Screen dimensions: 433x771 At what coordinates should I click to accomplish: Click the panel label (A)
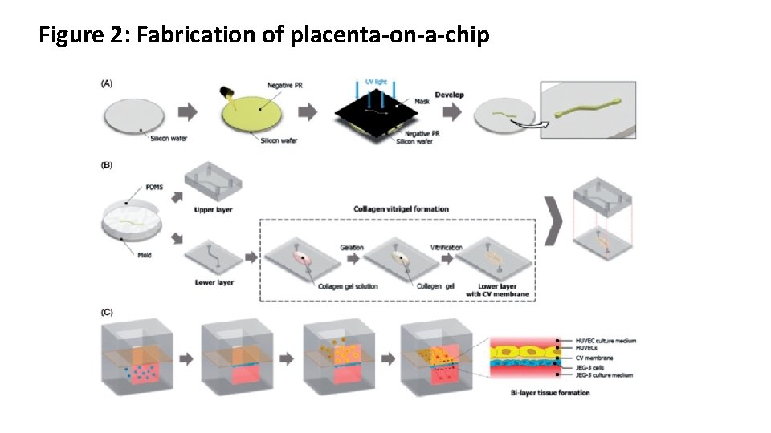[107, 83]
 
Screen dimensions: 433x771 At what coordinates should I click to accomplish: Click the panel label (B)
[107, 165]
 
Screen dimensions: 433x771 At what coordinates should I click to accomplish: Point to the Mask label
[422, 102]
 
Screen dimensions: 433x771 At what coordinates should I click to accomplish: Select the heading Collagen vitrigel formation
[401, 209]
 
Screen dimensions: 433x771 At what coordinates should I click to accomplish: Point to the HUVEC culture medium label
[606, 341]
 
